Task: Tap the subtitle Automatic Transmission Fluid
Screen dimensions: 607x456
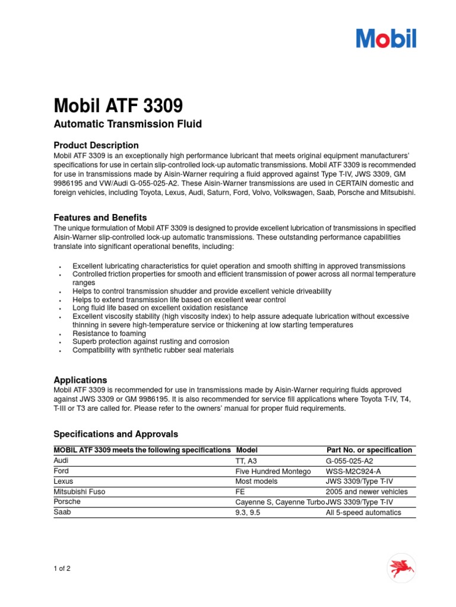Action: (x=128, y=124)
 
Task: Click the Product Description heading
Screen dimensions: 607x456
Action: (x=96, y=145)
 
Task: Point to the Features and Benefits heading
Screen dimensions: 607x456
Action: (x=100, y=218)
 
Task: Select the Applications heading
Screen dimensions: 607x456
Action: (x=80, y=380)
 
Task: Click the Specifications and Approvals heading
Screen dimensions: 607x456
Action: (x=116, y=434)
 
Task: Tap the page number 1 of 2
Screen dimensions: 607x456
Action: (x=62, y=569)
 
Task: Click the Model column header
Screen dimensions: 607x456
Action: (x=246, y=450)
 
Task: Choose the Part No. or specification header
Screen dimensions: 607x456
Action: (x=369, y=450)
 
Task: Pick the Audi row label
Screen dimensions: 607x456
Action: (x=61, y=461)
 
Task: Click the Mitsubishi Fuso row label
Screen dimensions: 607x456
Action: (x=80, y=491)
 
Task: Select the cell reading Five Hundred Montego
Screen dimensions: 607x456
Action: (x=273, y=471)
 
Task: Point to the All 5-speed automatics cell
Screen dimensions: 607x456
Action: (x=363, y=512)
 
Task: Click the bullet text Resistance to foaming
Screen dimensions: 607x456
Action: (x=109, y=334)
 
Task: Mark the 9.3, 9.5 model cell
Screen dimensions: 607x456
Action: (x=248, y=512)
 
